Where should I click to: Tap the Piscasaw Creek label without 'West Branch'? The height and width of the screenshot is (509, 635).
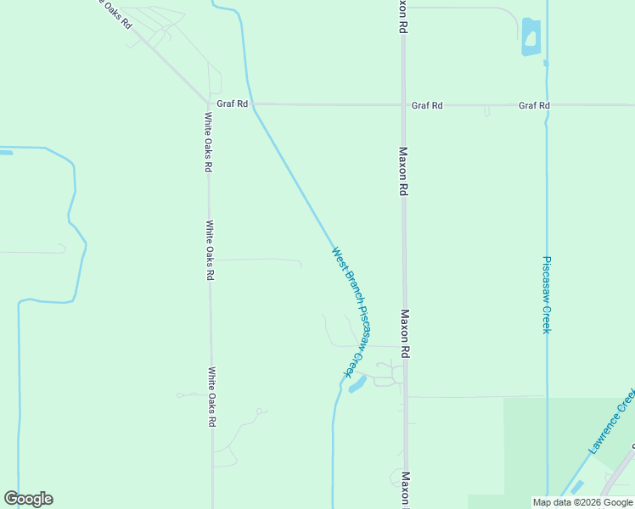point(547,294)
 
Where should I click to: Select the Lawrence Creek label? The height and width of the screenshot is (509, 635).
point(610,422)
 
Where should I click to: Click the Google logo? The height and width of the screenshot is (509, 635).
point(28,499)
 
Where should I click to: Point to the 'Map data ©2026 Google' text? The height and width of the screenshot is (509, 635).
point(582,502)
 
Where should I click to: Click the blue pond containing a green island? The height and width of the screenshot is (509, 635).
point(531,38)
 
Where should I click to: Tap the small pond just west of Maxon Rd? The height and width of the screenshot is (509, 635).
point(357,384)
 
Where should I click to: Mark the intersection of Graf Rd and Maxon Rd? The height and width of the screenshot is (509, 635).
point(403,105)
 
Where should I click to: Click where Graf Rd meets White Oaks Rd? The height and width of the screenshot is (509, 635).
point(208,104)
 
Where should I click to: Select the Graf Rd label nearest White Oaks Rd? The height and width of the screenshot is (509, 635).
point(232,104)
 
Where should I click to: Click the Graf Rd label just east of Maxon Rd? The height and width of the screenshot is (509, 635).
point(427,105)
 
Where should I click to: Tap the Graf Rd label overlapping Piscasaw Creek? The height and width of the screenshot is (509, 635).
point(534,105)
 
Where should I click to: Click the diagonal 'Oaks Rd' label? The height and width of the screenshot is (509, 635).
point(114,12)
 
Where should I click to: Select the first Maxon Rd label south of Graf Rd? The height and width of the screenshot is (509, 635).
point(404,171)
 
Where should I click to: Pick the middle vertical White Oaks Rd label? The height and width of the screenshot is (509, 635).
point(210,251)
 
